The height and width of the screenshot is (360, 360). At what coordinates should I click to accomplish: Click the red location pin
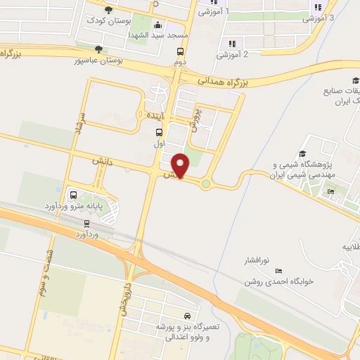(x=181, y=165)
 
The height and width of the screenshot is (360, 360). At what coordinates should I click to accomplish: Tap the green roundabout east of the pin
(x=206, y=184)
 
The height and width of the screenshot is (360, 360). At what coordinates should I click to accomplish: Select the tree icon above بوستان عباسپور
(x=98, y=49)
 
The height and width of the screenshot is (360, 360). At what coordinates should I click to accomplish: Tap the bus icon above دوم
(x=181, y=51)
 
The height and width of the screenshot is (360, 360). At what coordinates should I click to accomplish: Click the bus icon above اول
(x=160, y=132)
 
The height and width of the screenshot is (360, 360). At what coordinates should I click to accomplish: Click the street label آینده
(x=153, y=115)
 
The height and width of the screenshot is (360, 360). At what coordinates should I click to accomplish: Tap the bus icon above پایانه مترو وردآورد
(x=73, y=195)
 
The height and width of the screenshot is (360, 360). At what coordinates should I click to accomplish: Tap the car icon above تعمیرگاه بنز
(x=186, y=316)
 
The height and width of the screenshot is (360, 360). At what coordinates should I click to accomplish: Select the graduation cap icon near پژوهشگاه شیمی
(x=302, y=154)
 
